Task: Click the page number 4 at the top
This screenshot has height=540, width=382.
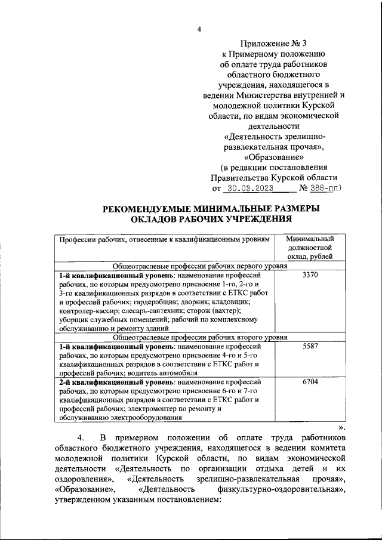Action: point(199,30)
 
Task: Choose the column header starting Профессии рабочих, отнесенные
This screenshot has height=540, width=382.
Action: point(165,239)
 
